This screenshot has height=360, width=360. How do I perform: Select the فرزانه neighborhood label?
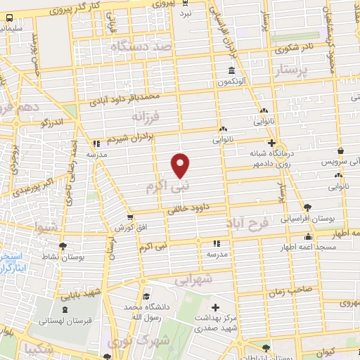click(x=146, y=114)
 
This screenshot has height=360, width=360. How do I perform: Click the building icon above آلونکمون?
click(x=231, y=71)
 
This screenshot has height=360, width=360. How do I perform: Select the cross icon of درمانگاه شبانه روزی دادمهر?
click(x=261, y=142)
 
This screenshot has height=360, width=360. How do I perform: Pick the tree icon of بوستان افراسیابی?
click(x=308, y=207)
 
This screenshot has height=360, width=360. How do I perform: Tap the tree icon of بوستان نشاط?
click(x=64, y=246)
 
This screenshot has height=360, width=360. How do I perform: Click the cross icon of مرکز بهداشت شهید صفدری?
click(x=215, y=307)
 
